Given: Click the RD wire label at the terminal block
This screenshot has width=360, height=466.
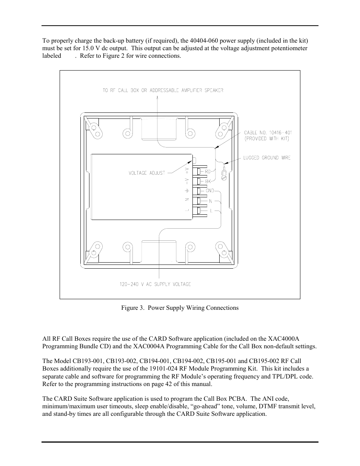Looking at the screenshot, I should tap(208, 171).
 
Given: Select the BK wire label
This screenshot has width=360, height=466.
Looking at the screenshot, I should tap(208, 181).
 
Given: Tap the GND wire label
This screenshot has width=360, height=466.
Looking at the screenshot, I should tap(210, 191).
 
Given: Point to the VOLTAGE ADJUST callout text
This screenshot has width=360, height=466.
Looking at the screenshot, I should tap(147, 173).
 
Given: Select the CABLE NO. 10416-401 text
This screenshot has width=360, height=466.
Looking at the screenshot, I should tap(268, 133).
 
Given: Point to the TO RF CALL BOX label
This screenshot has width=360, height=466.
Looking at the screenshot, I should tap(163, 90).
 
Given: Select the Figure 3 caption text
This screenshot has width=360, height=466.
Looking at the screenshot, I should tap(180, 308).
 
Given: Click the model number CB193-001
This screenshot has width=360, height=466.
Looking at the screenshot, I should tap(79, 361).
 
